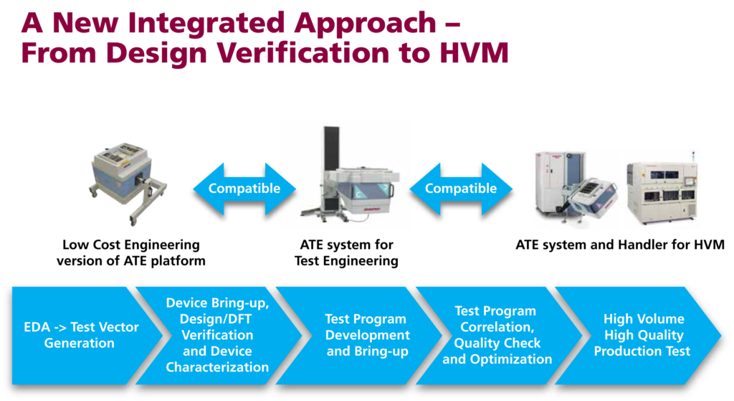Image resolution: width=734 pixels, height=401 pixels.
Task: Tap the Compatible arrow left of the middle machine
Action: (x=244, y=189)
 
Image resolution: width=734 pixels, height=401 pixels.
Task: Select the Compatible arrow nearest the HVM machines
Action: (x=461, y=189)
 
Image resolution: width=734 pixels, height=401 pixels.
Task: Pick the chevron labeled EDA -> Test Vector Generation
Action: (x=82, y=336)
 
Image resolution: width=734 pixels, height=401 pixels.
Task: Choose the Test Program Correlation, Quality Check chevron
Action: (x=499, y=336)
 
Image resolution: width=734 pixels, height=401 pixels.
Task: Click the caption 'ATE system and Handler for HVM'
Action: (x=620, y=245)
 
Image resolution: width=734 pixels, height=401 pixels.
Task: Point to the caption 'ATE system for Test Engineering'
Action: (x=346, y=253)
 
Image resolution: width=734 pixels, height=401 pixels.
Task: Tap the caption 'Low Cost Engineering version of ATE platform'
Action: (x=131, y=253)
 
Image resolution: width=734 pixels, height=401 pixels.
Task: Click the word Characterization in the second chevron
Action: (x=217, y=367)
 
